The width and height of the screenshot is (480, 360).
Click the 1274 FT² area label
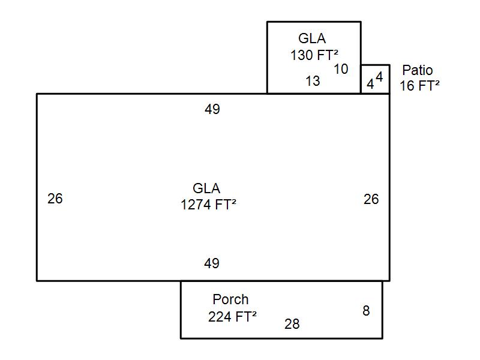pyautogui.click(x=208, y=205)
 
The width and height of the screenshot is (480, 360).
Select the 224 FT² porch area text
pyautogui.click(x=232, y=316)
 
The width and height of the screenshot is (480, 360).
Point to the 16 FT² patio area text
pyautogui.click(x=419, y=86)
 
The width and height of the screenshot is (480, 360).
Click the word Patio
pyautogui.click(x=418, y=70)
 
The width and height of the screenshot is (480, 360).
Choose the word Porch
pyautogui.click(x=230, y=299)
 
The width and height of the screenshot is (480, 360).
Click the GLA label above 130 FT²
pyautogui.click(x=312, y=38)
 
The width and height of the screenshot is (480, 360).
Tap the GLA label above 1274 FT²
pyautogui.click(x=206, y=188)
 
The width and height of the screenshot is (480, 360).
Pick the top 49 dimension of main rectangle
pyautogui.click(x=212, y=109)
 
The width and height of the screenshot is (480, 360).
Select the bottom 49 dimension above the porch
pyautogui.click(x=212, y=263)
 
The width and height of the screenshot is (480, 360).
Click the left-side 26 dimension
pyautogui.click(x=55, y=199)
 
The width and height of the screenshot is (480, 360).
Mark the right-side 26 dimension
pyautogui.click(x=371, y=199)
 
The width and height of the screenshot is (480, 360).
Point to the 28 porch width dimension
pyautogui.click(x=292, y=324)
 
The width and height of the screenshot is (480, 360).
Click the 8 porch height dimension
pyautogui.click(x=366, y=311)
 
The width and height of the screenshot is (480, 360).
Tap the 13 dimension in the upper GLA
pyautogui.click(x=313, y=81)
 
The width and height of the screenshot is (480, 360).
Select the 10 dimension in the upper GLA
pyautogui.click(x=341, y=69)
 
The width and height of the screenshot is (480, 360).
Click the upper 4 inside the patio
pyautogui.click(x=379, y=77)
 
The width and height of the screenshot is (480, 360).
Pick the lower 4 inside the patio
pyautogui.click(x=370, y=84)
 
